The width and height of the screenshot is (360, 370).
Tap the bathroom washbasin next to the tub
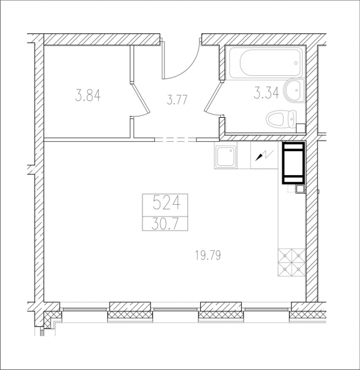(x=295, y=91)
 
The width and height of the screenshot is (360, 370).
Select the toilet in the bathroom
(x=282, y=119)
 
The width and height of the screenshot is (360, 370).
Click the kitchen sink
(x=226, y=156)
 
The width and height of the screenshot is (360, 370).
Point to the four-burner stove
(x=292, y=263)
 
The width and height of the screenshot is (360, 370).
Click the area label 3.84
(x=88, y=95)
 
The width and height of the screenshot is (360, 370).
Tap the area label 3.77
(x=177, y=99)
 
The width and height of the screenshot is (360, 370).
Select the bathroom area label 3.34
(x=266, y=92)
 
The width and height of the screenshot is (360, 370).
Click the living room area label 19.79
(x=208, y=255)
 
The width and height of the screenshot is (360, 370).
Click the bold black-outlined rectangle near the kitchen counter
(x=293, y=163)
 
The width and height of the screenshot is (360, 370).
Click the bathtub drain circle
(x=296, y=63)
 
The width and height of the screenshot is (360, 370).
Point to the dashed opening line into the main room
(x=175, y=140)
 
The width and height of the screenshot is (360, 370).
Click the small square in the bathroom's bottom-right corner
(x=301, y=128)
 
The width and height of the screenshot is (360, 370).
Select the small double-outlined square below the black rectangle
(x=300, y=189)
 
